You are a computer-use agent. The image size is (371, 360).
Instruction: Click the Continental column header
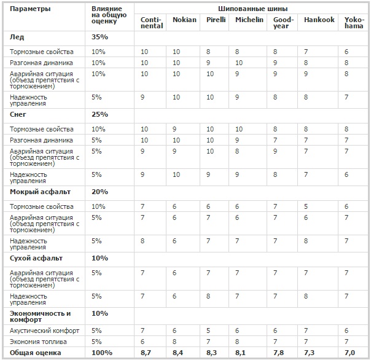click(151, 23)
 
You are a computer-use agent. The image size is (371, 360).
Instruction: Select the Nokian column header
click(185, 20)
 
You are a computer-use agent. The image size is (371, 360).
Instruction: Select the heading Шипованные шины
click(252, 9)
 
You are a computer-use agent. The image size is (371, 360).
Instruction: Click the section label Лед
click(17, 37)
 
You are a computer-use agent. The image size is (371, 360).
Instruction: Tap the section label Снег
click(19, 114)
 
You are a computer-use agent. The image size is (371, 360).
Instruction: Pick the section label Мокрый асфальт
click(36, 192)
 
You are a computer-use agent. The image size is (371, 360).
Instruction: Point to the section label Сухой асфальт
click(34, 258)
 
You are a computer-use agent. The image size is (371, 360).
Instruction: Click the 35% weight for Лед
click(100, 37)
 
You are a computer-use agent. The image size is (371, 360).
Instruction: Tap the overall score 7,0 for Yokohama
click(350, 353)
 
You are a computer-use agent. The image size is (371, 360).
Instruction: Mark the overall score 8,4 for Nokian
click(179, 353)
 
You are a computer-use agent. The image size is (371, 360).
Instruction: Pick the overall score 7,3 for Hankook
click(310, 353)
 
